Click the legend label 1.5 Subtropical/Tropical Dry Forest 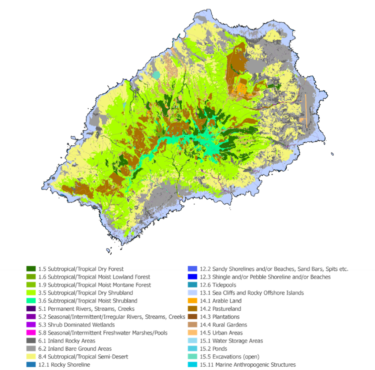pyautogui.click(x=81, y=269)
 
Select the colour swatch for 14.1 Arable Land pyautogui.click(x=193, y=301)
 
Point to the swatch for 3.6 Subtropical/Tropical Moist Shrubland pyautogui.click(x=31, y=301)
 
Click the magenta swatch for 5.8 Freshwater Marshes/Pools pyautogui.click(x=31, y=333)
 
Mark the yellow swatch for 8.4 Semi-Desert pyautogui.click(x=31, y=357)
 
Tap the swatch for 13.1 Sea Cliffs pyautogui.click(x=193, y=293)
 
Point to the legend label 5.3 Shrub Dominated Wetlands pyautogui.click(x=76, y=325)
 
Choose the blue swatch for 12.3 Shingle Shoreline pyautogui.click(x=193, y=277)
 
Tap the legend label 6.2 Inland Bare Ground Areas pyautogui.click(x=75, y=349)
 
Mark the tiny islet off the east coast pyautogui.click(x=332, y=154)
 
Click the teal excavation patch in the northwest pyautogui.click(x=157, y=75)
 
